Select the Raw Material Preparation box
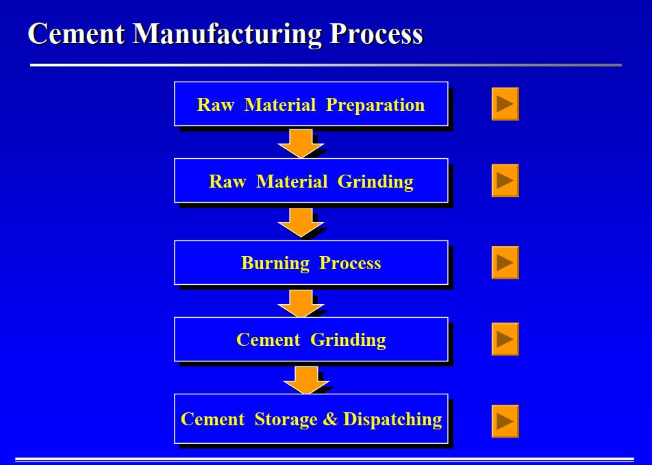coord(311,104)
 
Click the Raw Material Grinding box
coord(311,181)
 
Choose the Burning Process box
coord(311,263)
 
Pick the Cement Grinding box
coord(311,340)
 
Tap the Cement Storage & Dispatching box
coord(311,418)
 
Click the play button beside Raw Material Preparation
coord(505,104)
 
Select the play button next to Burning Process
coord(505,262)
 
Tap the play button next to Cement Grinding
coord(505,339)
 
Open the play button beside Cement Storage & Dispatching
coord(505,420)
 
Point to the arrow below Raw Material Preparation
coord(301,142)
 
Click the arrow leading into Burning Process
coord(301,222)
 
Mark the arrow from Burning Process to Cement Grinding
coord(301,302)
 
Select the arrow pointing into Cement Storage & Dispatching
coord(305,379)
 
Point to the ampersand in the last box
coord(331,419)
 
